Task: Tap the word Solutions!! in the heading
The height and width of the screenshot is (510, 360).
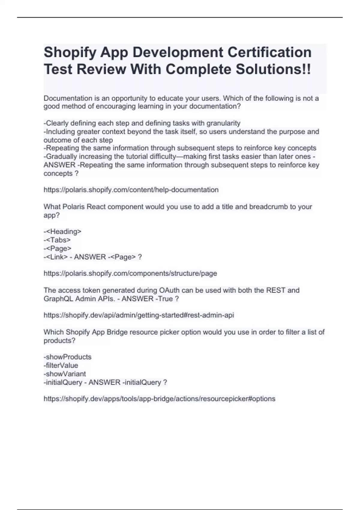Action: [273, 69]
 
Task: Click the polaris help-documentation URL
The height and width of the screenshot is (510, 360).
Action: [131, 190]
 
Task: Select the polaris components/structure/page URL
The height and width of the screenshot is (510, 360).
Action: [130, 274]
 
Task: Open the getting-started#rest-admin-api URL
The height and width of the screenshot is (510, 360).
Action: [139, 315]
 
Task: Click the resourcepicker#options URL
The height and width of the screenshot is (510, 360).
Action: [159, 399]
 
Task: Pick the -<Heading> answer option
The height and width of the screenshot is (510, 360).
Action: [62, 232]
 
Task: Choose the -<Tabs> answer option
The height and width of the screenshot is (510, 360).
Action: [57, 240]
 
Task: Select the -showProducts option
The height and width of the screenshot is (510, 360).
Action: [67, 357]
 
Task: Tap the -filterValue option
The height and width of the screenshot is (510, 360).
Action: [61, 365]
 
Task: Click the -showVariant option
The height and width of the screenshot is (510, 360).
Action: [65, 374]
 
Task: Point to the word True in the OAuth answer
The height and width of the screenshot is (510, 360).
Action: [165, 299]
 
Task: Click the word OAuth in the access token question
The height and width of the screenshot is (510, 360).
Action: [170, 290]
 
